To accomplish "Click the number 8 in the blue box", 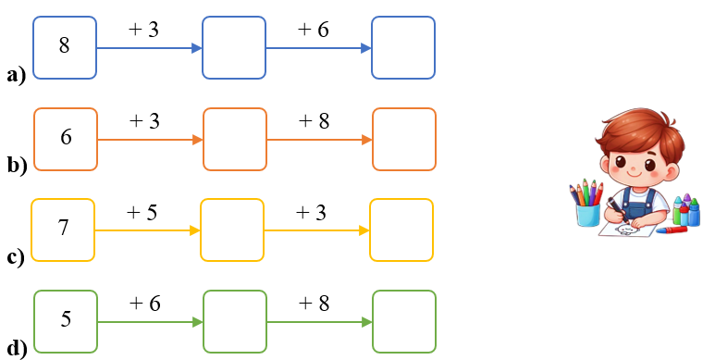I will (64, 45).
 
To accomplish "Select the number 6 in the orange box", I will (66, 137).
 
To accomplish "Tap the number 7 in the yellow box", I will (63, 228).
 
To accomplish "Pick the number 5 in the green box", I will (66, 319).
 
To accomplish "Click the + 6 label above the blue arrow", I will (313, 30).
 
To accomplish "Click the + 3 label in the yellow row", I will (311, 212).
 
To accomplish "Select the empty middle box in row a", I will (234, 47).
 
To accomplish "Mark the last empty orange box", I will (403, 139).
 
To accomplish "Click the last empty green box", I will (403, 321).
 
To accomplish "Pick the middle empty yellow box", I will (231, 230).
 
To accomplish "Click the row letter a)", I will (17, 75).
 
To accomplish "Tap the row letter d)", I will (17, 348).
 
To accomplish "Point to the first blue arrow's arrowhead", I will (196, 48).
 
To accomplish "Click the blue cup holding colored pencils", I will (586, 214).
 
